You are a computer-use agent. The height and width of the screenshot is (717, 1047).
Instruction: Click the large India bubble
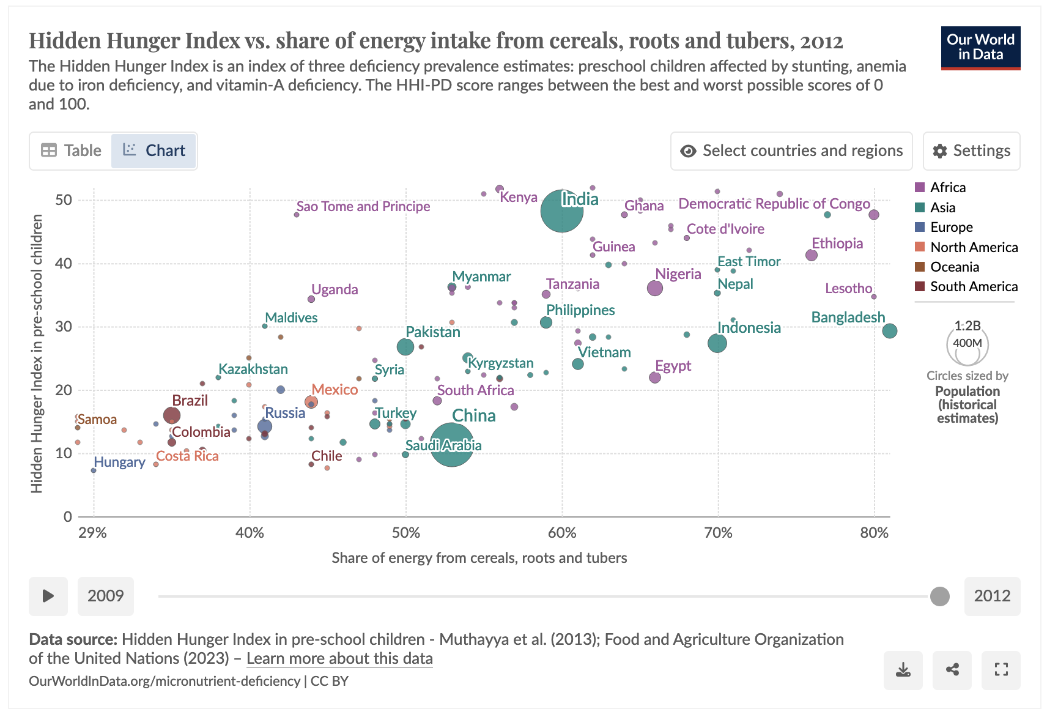click(561, 211)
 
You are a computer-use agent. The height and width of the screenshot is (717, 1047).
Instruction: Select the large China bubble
click(451, 445)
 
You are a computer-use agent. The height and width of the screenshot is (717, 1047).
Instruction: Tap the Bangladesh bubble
click(889, 331)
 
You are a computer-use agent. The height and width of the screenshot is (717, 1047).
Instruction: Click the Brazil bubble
click(172, 415)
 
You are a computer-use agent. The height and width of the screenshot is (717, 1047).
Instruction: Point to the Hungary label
click(119, 463)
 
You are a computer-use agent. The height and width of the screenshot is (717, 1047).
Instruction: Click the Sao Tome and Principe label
click(363, 207)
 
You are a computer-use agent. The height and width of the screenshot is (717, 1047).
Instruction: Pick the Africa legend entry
click(947, 187)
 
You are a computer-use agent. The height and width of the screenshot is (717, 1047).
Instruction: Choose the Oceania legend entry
click(954, 267)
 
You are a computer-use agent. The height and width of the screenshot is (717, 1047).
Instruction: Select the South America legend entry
click(973, 286)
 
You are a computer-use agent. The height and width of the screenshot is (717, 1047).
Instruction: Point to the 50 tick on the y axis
click(64, 200)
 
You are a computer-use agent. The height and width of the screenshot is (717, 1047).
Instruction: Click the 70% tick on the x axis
click(718, 532)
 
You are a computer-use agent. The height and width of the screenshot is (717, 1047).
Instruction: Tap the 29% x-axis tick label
click(93, 532)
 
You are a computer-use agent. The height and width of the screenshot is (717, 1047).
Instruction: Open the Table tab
click(71, 150)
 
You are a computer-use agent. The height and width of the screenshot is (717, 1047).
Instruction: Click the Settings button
click(971, 150)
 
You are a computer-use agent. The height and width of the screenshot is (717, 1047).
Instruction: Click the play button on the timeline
click(48, 596)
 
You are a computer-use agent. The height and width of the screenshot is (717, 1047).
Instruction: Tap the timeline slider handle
click(939, 596)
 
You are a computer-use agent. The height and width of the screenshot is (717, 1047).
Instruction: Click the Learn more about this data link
click(339, 659)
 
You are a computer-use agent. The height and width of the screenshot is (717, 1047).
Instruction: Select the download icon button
click(903, 670)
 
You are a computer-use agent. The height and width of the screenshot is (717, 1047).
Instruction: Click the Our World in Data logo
click(980, 48)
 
